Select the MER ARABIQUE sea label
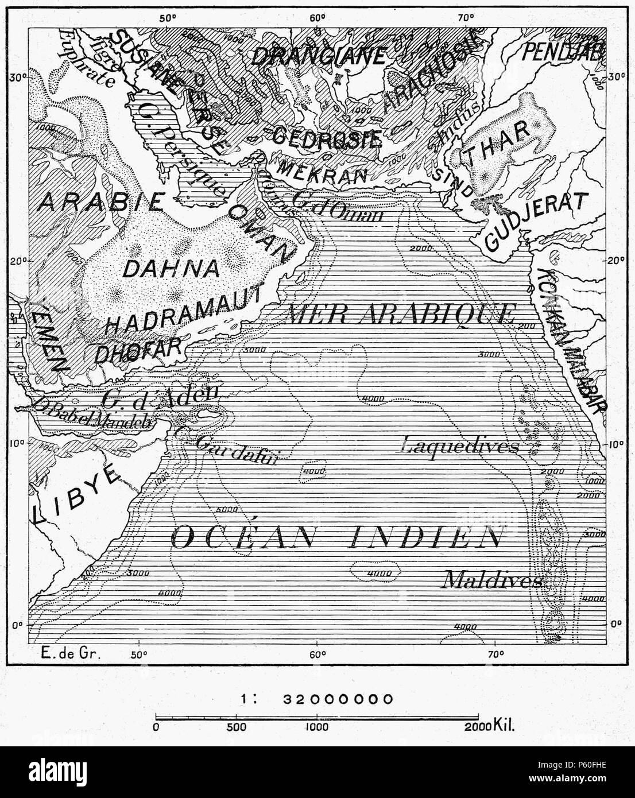tap(400, 314)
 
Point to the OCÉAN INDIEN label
tap(336, 537)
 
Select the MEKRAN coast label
tap(322, 173)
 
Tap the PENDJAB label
tap(562, 53)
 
